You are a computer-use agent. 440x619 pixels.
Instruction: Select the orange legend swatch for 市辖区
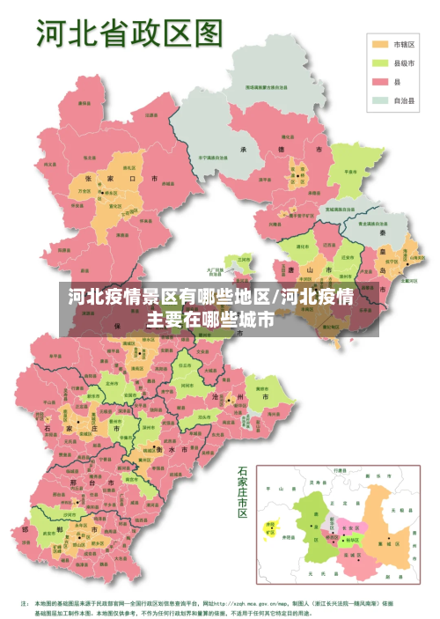[380, 43]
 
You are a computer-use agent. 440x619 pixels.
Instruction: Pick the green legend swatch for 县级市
[380, 63]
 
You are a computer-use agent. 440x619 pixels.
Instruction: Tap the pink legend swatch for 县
[380, 82]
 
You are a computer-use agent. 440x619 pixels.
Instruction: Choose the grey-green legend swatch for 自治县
[380, 101]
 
